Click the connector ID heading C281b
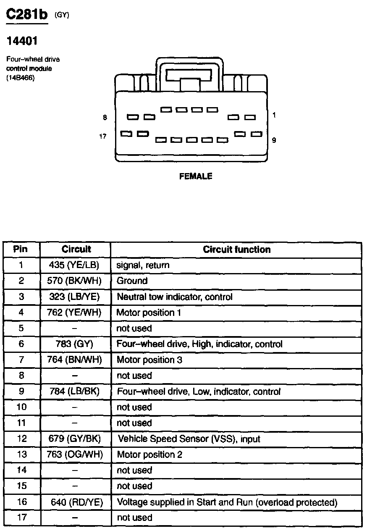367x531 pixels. (27, 15)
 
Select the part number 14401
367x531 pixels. (21, 41)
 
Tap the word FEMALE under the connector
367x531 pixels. (196, 176)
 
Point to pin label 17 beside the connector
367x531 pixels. (102, 136)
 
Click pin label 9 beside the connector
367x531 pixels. (274, 140)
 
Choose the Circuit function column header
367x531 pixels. (236, 250)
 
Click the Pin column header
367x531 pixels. (21, 249)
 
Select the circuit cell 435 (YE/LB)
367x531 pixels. (76, 265)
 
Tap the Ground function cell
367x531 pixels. (132, 281)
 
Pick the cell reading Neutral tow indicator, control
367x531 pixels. (174, 297)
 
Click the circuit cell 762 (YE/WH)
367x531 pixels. (76, 313)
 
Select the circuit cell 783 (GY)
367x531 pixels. (76, 344)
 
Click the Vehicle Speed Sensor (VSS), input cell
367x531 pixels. (189, 439)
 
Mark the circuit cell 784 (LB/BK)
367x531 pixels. (76, 392)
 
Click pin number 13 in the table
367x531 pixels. (21, 455)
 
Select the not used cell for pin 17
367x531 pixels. (134, 518)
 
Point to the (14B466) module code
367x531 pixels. (20, 78)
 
